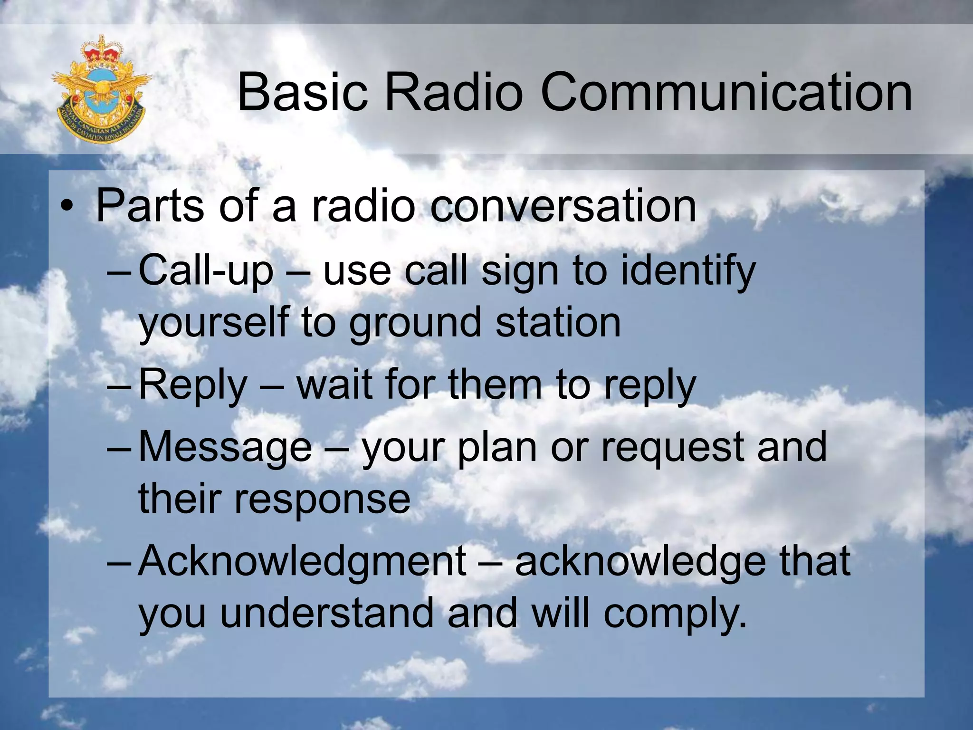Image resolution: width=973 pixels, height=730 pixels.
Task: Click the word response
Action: point(322,500)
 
